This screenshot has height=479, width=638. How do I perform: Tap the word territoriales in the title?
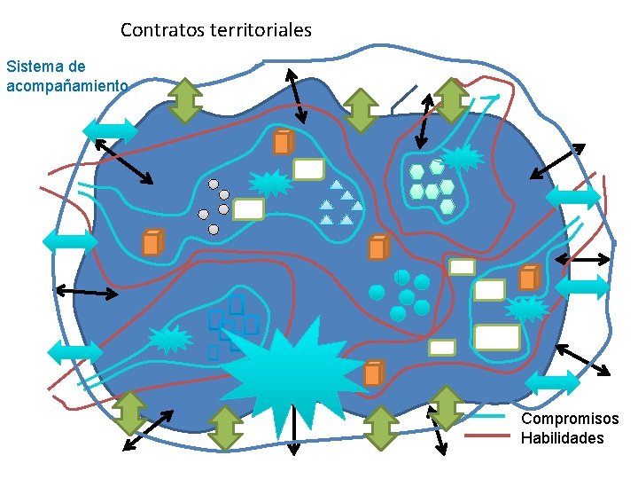pos(261,30)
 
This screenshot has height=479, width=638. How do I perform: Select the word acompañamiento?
pos(67,86)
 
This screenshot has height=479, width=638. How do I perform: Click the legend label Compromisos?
pos(570,419)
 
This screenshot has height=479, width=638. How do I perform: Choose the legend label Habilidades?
pos(562,438)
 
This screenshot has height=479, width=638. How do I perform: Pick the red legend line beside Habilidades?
pos(487,436)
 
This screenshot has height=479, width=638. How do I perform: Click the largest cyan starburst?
pos(292,372)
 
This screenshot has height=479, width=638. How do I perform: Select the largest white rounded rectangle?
pos(497,337)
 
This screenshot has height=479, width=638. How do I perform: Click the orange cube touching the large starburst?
pos(373,374)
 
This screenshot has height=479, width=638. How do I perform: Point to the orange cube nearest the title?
pos(283,142)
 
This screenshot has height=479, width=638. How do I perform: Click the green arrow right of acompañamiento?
pos(185,100)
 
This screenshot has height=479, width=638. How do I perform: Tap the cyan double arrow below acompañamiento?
pos(111,131)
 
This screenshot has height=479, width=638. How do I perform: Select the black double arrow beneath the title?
pos(296,96)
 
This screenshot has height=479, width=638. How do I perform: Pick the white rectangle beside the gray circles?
pos(249,209)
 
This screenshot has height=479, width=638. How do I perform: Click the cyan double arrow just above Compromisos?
pos(552,382)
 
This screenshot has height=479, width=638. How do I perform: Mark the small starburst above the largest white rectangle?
pos(526,309)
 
